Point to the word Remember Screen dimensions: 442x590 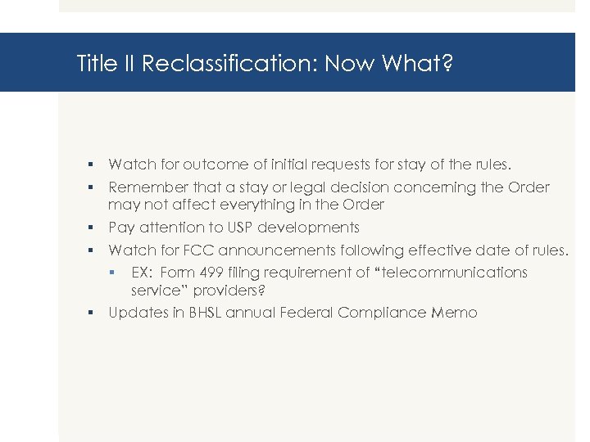144,187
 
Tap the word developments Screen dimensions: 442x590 308,227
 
